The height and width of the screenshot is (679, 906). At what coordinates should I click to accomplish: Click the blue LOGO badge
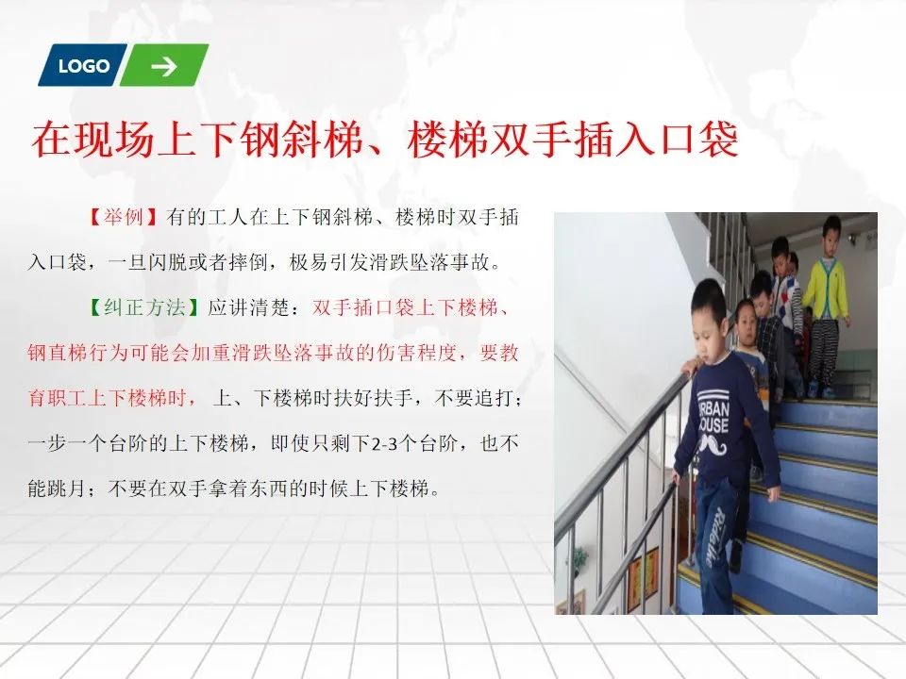83,65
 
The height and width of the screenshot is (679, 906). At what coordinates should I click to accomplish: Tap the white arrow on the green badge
164,66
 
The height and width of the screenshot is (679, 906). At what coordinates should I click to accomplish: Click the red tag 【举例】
124,217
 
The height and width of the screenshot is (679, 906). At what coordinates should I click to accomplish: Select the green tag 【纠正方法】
144,307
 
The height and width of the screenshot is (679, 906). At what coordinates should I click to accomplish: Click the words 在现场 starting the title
92,140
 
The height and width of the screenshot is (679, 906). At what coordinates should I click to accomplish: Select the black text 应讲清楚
248,307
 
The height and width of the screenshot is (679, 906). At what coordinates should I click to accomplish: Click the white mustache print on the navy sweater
713,445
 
